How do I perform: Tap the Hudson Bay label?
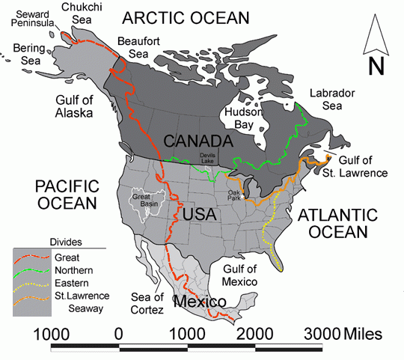click(243, 118)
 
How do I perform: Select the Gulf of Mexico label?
click(240, 275)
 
